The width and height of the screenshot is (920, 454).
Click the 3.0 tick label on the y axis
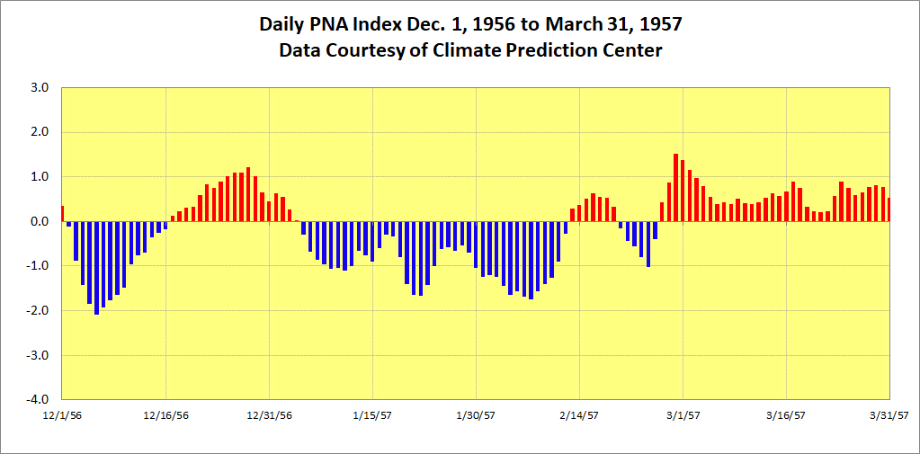[40, 88]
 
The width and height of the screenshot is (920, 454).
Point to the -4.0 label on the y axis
[38, 399]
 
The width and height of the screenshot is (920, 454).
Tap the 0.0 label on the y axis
[40, 221]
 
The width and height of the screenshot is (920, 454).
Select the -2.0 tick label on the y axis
[38, 310]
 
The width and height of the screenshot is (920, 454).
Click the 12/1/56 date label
[62, 415]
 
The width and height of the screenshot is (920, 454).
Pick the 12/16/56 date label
[166, 415]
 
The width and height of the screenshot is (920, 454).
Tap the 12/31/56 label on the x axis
[270, 415]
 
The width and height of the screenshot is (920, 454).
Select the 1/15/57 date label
[372, 415]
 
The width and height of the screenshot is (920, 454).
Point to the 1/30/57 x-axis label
[476, 415]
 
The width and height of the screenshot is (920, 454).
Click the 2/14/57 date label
[579, 415]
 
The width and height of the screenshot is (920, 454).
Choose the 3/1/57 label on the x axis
[683, 415]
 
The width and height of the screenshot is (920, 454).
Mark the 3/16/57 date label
[786, 415]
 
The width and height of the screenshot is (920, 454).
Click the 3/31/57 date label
[889, 415]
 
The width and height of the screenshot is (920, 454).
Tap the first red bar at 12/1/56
[62, 214]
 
